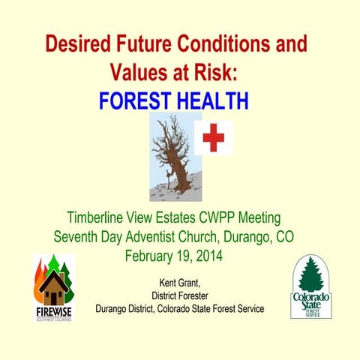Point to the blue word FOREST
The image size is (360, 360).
coord(138,100)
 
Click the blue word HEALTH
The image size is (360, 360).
coord(214,100)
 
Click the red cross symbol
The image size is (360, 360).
coord(213,138)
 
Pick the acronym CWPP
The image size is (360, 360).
coord(215,219)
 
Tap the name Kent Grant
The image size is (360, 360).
coord(179,283)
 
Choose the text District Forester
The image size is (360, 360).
coord(179,295)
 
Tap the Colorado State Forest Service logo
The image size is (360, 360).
coord(311,286)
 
